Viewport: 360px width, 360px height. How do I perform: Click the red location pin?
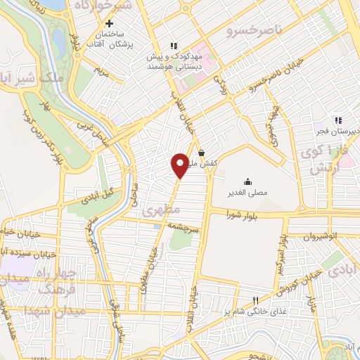tap(180, 165)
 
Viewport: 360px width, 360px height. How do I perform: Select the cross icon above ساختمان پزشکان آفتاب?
tap(109, 24)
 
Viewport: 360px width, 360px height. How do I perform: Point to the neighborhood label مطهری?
tap(161, 210)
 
